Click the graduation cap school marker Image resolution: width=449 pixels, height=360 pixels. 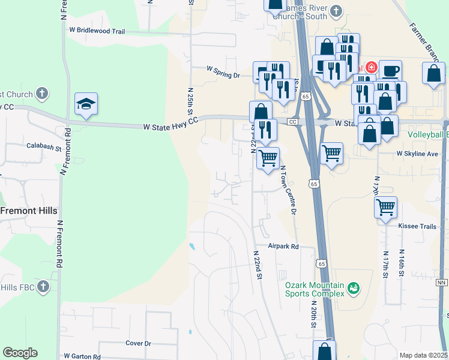click(x=86, y=104)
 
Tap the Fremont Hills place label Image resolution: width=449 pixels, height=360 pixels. click(x=28, y=211)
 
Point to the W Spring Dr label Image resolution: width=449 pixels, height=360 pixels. click(x=223, y=75)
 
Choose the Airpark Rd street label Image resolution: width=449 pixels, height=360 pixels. click(x=283, y=246)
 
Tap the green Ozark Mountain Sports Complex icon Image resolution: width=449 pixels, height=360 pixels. click(x=354, y=289)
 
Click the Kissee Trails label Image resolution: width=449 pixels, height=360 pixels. click(x=416, y=226)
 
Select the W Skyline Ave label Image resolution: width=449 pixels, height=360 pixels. click(x=417, y=154)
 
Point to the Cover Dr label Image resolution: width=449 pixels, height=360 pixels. click(x=138, y=343)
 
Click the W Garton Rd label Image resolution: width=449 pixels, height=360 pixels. click(x=82, y=356)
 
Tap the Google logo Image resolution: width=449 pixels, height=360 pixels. click(x=20, y=353)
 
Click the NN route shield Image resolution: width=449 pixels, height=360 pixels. click(x=442, y=282)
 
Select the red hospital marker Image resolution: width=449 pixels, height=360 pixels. click(x=371, y=67)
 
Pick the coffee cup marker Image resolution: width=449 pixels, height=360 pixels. click(x=390, y=71)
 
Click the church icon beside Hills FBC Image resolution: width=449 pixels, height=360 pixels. click(x=43, y=287)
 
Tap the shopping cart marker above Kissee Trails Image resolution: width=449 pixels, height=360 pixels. click(x=385, y=207)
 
